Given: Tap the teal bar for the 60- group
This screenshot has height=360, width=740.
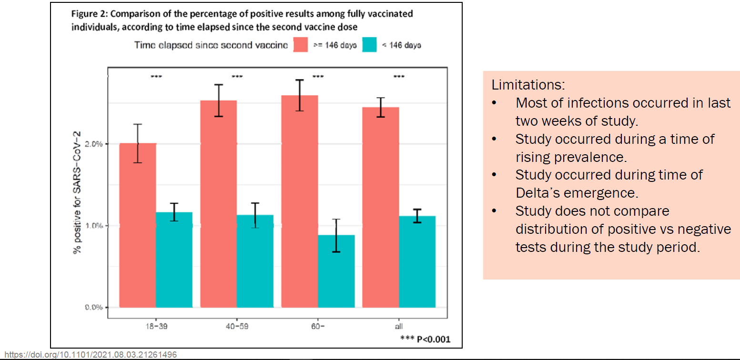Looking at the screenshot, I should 336,271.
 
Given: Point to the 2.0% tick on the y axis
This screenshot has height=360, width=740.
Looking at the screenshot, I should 94,144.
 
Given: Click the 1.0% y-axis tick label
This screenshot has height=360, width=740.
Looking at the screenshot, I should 94,226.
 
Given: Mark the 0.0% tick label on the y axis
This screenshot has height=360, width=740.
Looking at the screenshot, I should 94,307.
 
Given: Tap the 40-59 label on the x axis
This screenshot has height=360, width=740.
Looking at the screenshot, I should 237,327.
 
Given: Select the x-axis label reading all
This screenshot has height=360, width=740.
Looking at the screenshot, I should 399,327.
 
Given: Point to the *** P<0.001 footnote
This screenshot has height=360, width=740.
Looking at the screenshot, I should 425,339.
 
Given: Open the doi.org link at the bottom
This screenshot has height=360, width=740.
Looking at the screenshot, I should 89,355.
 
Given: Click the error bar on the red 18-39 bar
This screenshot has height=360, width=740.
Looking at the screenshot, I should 138,143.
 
